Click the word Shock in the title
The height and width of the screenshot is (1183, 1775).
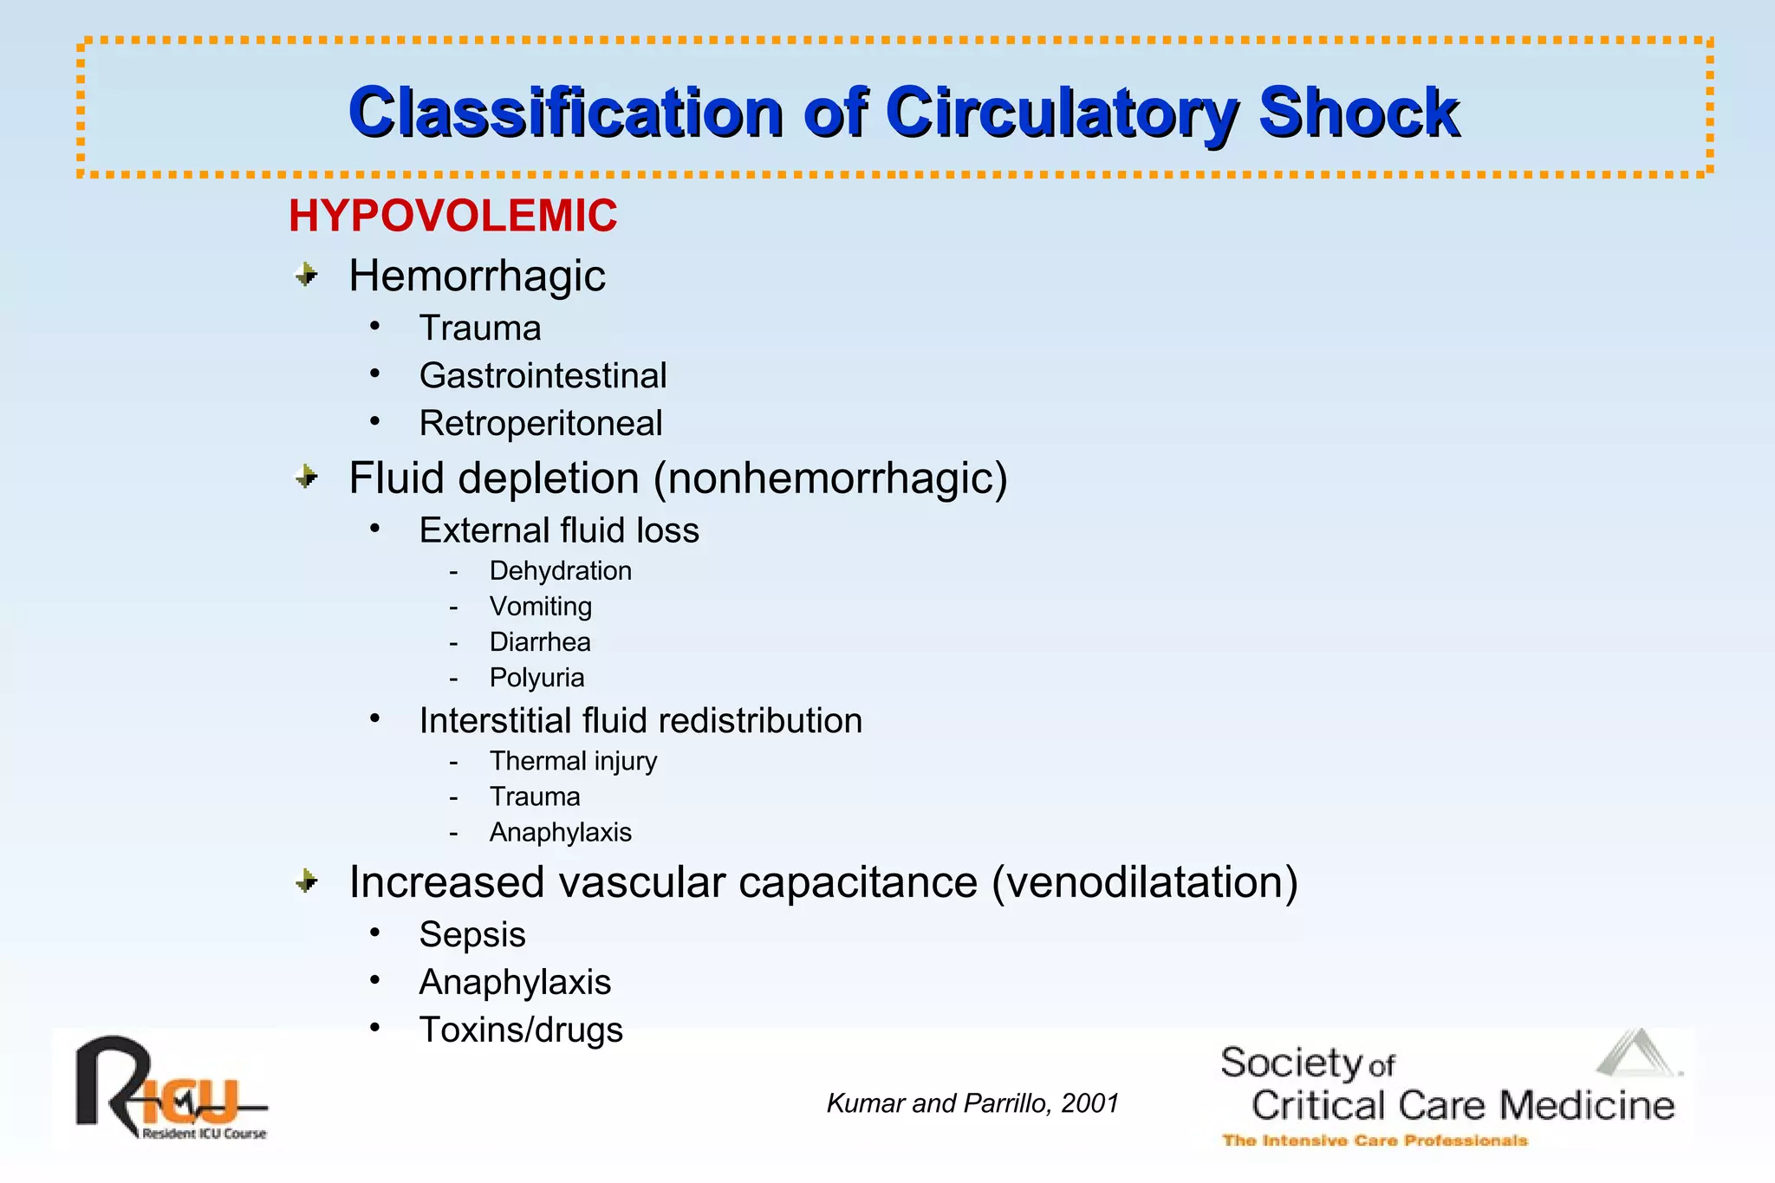point(1358,113)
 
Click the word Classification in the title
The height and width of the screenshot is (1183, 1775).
point(566,113)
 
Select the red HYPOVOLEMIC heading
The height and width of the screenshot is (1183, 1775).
point(452,216)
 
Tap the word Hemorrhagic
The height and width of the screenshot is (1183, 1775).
point(477,276)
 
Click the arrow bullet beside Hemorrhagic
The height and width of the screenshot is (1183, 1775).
point(307,276)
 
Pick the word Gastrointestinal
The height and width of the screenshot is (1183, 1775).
point(543,376)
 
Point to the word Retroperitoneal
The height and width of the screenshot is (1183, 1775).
point(541,424)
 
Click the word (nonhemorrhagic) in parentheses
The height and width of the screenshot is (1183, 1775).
point(830,479)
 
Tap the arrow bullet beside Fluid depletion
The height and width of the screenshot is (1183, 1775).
point(307,477)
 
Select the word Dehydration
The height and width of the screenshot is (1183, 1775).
point(560,571)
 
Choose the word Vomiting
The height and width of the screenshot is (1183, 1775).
point(540,607)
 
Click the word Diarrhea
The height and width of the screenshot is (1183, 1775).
point(540,642)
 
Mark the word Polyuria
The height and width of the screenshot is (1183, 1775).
point(536,678)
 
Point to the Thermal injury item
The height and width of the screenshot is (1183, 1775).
point(573,761)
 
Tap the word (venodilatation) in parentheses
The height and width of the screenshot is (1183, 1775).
point(1144,883)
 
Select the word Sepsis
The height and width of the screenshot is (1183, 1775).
point(472,935)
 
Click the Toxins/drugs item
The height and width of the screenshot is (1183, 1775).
point(521,1030)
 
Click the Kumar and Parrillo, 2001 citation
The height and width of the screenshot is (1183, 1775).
point(972,1103)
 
